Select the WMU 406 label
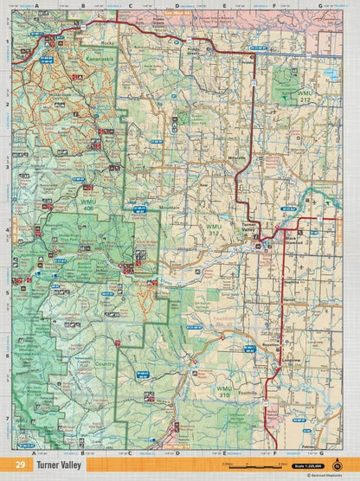pyautogui.click(x=87, y=205)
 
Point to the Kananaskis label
pyautogui.click(x=54, y=52)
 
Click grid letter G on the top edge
pyautogui.click(x=320, y=5)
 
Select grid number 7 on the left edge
pyautogui.click(x=7, y=419)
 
